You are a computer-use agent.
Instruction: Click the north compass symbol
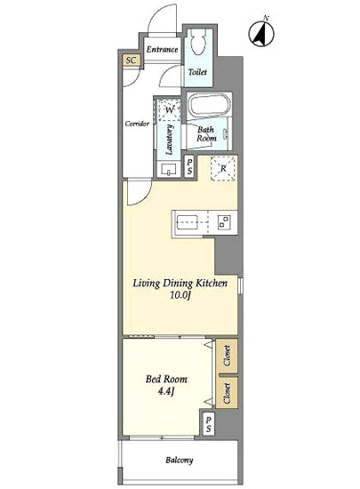[x=261, y=33]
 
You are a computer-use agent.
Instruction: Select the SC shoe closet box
[x=131, y=60]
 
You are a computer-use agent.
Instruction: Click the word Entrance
[x=162, y=49]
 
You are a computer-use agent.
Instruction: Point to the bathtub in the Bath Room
[x=209, y=106]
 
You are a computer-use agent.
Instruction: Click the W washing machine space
[x=169, y=109]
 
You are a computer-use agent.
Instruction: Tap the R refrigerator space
[x=223, y=168]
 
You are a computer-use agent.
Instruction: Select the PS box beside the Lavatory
[x=189, y=166]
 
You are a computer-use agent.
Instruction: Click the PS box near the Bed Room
[x=209, y=424]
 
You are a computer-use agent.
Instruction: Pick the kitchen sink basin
[x=188, y=222]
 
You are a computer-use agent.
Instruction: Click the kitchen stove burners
[x=224, y=221]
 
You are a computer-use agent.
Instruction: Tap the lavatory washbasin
[x=169, y=169]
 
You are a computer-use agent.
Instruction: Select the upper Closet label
[x=228, y=356]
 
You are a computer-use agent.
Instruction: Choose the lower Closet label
[x=228, y=393]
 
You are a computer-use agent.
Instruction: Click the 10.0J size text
[x=180, y=294]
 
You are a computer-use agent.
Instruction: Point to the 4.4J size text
[x=166, y=391]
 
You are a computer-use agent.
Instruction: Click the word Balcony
[x=180, y=460]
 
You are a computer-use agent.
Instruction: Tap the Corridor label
[x=137, y=124]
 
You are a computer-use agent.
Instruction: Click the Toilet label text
[x=197, y=72]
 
